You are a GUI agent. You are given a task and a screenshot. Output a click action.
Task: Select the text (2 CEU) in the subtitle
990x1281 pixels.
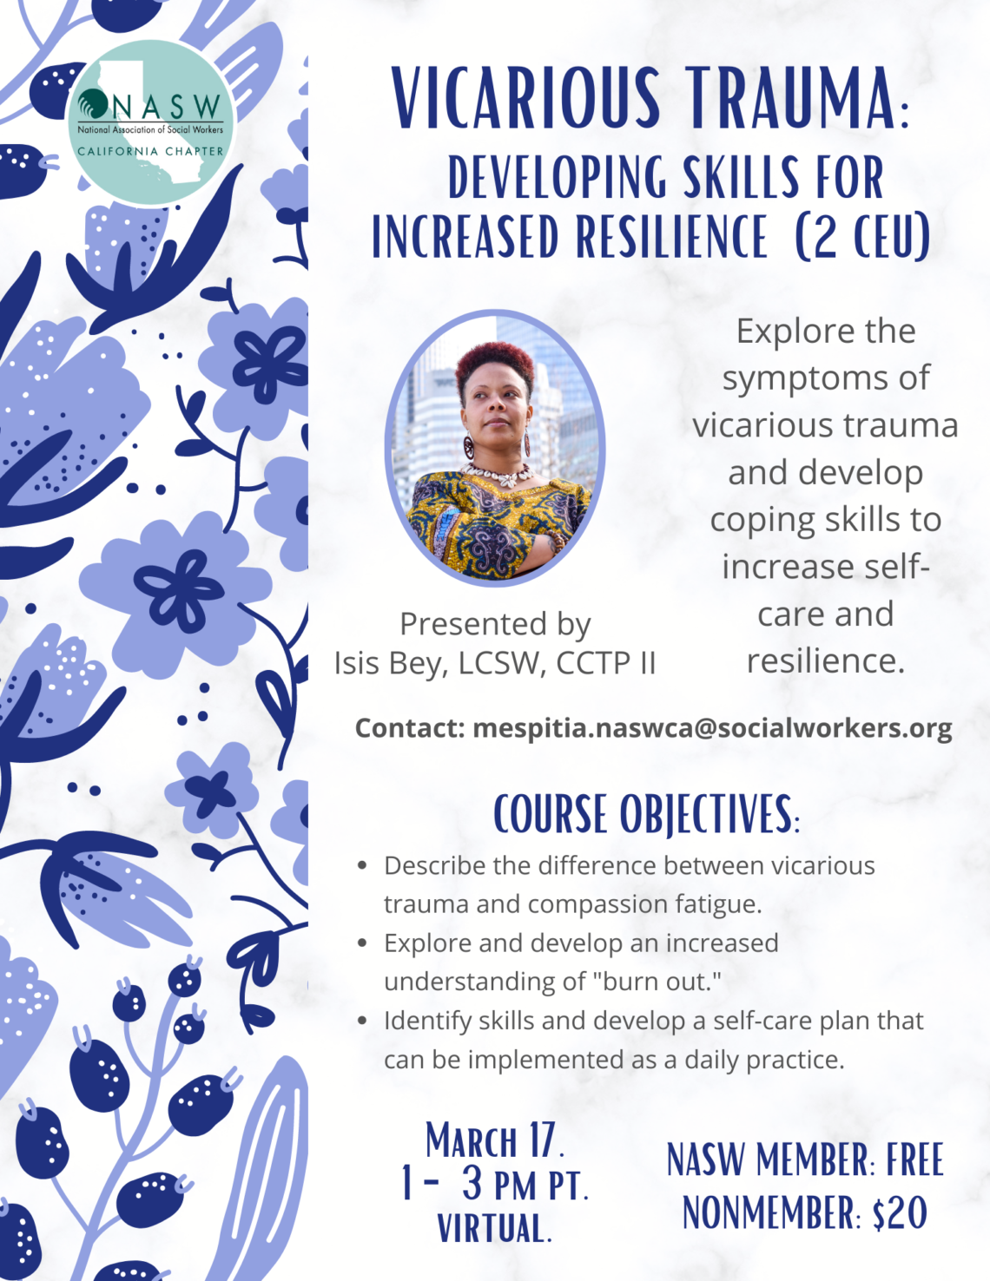(862, 236)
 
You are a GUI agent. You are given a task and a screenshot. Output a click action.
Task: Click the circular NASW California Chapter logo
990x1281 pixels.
(150, 122)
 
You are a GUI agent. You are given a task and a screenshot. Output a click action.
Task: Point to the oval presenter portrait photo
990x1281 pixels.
(495, 447)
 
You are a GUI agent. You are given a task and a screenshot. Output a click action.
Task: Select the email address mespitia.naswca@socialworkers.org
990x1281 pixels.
(712, 727)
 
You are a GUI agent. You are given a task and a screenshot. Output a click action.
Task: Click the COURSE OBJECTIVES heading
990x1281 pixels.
(646, 814)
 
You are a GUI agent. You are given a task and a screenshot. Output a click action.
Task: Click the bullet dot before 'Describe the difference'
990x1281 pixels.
(363, 865)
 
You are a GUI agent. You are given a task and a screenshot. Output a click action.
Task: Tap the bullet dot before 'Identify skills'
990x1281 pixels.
(363, 1021)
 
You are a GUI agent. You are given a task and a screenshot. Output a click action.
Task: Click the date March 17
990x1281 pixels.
(494, 1140)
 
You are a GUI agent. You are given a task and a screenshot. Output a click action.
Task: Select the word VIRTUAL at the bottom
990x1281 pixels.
(494, 1228)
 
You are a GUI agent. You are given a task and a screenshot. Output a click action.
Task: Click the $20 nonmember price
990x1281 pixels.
(900, 1212)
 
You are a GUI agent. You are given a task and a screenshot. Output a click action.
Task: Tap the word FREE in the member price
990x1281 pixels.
(914, 1160)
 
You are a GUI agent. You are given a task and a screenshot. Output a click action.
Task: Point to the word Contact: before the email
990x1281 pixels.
(410, 727)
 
